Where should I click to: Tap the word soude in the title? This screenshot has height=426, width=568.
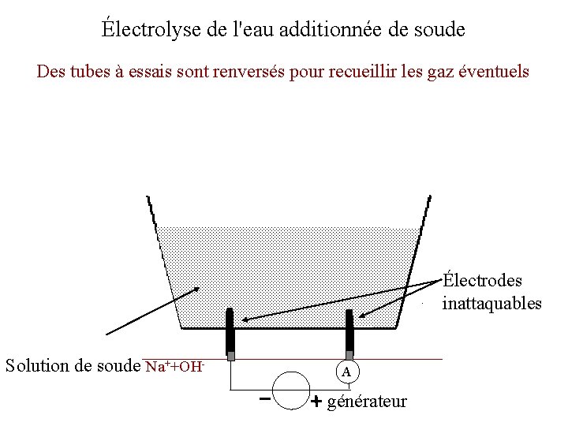point(438,30)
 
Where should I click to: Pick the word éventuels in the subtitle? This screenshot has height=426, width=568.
point(495,71)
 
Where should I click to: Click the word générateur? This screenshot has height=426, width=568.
point(367,402)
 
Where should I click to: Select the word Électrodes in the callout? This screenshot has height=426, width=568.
point(482,281)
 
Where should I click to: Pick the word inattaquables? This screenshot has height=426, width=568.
point(491,303)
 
